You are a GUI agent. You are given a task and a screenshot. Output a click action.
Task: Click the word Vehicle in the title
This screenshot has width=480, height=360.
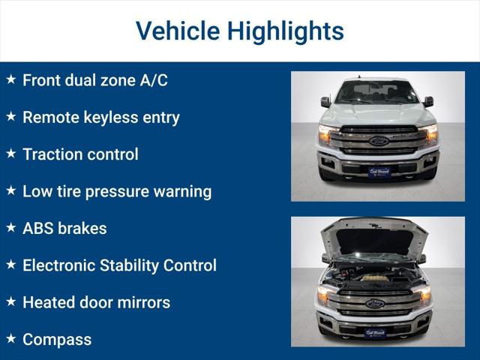click(x=177, y=31)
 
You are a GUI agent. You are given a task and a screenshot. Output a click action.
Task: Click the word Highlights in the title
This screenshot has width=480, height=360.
click(x=286, y=31)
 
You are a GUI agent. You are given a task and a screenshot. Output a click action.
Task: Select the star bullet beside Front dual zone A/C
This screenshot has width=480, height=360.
click(x=10, y=79)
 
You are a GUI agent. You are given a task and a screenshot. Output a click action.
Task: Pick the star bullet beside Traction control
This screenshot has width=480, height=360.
click(x=10, y=153)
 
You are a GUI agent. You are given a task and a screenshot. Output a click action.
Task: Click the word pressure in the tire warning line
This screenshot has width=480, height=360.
click(x=118, y=191)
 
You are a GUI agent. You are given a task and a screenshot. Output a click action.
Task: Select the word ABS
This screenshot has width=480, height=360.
click(x=38, y=228)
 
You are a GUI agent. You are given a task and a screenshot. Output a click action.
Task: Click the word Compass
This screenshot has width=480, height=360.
click(x=57, y=340)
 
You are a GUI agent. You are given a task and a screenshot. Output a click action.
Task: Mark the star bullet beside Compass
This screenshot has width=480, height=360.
click(x=10, y=338)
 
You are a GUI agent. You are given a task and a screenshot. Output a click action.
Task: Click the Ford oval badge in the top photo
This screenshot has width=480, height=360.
click(x=378, y=141)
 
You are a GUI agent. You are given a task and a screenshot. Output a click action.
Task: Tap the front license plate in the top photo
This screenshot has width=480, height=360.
click(x=378, y=171)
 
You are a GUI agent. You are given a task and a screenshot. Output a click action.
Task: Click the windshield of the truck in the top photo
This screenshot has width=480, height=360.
click(x=377, y=92)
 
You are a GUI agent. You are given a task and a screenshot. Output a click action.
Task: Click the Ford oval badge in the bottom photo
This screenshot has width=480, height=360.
click(x=375, y=304)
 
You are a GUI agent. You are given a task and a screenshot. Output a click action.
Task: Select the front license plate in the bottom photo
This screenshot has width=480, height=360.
click(x=375, y=332)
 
